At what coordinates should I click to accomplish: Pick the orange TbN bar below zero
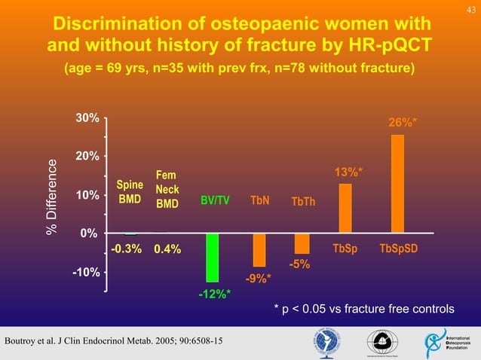click(259, 249)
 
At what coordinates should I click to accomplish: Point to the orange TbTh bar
click(302, 243)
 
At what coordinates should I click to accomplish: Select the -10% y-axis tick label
click(84, 272)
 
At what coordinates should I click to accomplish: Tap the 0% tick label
click(88, 233)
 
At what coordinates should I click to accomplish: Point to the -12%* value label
click(214, 294)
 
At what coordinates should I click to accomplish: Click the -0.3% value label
click(127, 249)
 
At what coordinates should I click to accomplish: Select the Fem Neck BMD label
click(167, 189)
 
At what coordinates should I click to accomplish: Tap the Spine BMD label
click(130, 193)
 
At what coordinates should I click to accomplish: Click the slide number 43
click(470, 8)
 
